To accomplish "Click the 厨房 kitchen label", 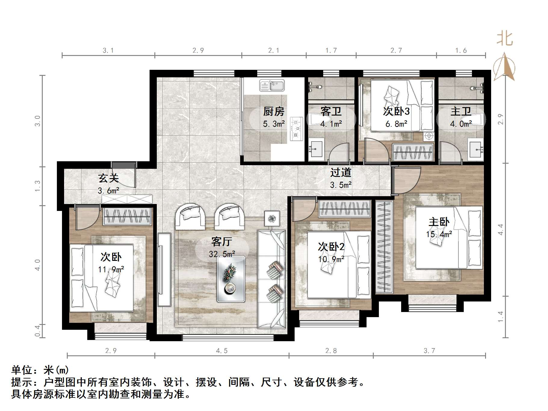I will [x=274, y=112].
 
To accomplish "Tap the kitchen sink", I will [x=272, y=85].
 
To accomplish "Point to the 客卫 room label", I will [x=331, y=112].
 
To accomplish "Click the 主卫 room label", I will [x=461, y=112].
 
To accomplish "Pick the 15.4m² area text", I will [x=439, y=234].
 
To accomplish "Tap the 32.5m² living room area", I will [x=222, y=254].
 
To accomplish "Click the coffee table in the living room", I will [x=231, y=279].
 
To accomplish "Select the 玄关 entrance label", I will [x=108, y=178].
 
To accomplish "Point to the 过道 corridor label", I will [x=341, y=172].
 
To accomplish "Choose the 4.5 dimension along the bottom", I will [x=222, y=351].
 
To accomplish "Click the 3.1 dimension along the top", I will [x=108, y=51].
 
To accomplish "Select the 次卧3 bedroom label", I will [x=396, y=112].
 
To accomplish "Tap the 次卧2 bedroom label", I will [x=331, y=247].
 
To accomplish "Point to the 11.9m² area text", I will [x=111, y=269].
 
